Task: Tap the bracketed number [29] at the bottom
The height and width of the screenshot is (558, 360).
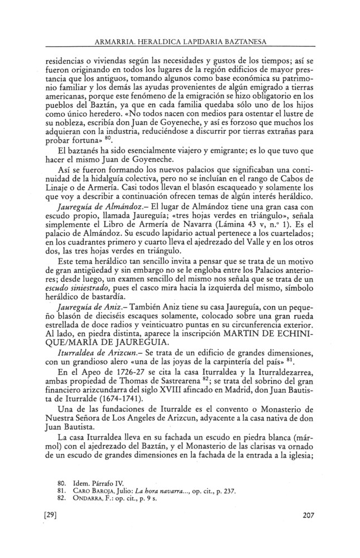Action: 51,516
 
